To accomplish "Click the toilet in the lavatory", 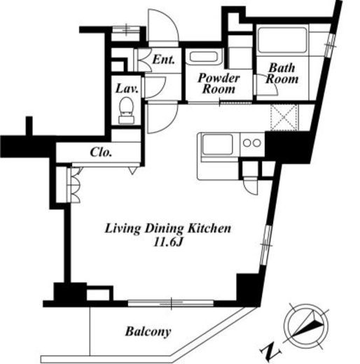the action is coord(126,111).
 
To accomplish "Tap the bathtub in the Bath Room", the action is coord(282,41).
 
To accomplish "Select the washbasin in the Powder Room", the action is coord(204,57).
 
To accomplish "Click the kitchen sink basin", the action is coord(218,144).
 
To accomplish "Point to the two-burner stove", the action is coord(252,143).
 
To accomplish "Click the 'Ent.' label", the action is coord(163,59).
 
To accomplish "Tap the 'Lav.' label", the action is coord(127,89).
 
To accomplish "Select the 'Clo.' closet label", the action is coord(101,153).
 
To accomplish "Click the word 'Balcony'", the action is coord(148,332).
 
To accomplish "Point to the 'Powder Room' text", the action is coord(219,83).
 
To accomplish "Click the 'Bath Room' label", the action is coord(282,73).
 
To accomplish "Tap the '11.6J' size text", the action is coord(167,243).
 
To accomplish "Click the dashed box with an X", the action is coord(284,118).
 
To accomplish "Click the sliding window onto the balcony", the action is coord(171,303).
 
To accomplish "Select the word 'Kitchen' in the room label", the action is coord(209,228).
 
